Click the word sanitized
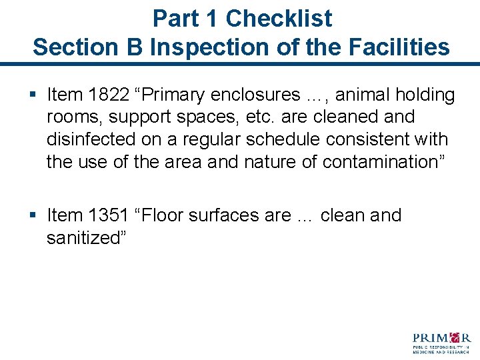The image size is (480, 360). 85,237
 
